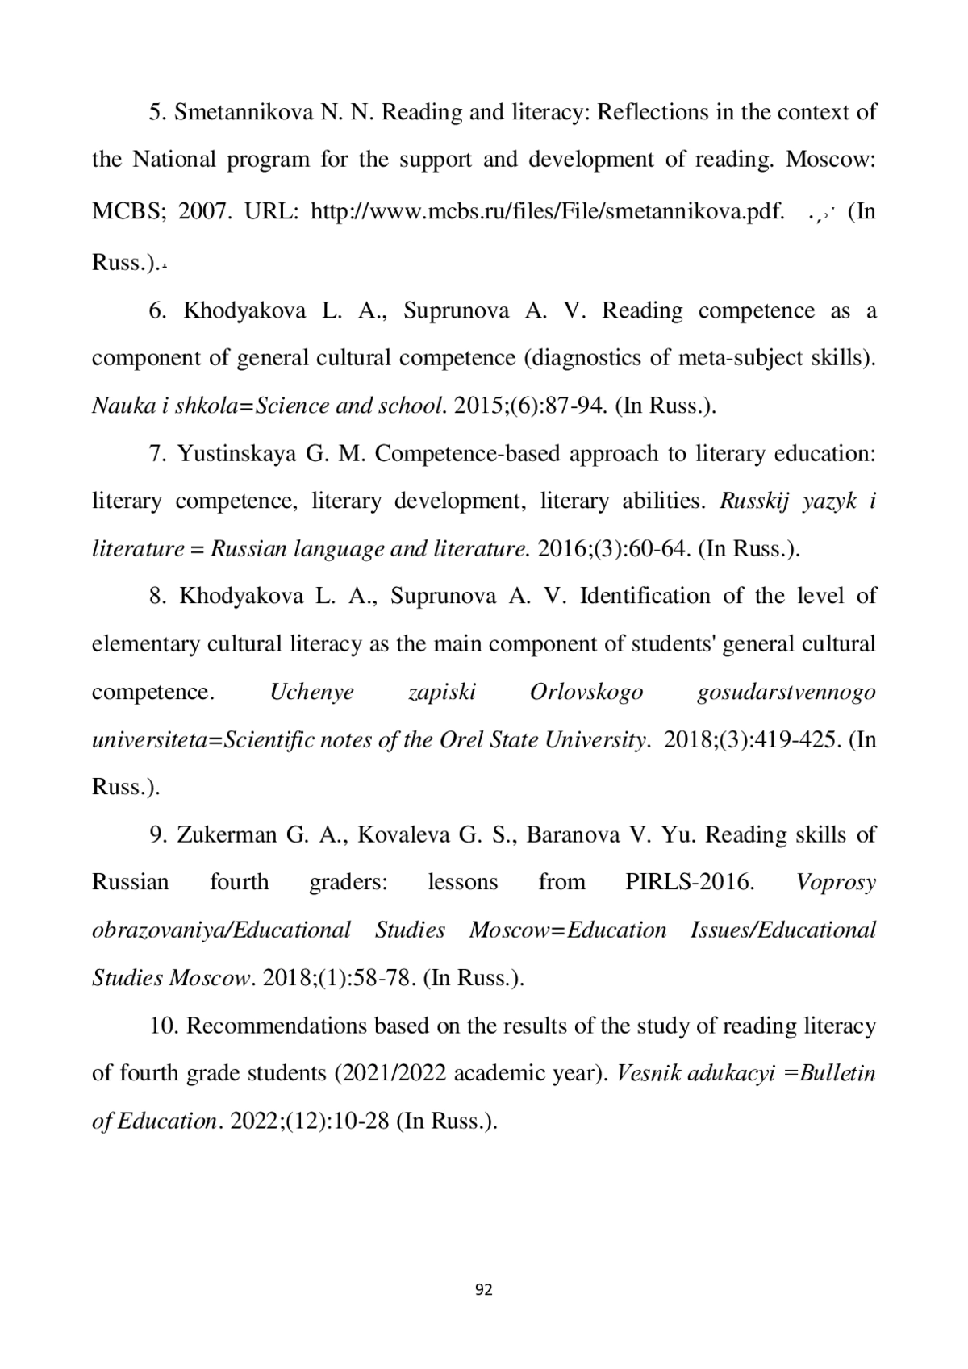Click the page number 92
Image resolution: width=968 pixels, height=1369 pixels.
(x=484, y=1289)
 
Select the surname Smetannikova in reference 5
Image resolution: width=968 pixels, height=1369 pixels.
(x=244, y=112)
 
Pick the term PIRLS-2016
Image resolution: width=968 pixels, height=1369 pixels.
(x=690, y=882)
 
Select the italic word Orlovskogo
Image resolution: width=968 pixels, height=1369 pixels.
(x=586, y=693)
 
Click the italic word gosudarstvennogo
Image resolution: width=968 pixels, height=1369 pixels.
(x=786, y=693)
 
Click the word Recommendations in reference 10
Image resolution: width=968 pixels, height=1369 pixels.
(x=282, y=1026)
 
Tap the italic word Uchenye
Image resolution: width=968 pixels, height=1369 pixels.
(x=311, y=693)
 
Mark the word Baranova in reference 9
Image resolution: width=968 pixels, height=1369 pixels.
(x=579, y=834)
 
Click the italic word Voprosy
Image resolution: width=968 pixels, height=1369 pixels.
(x=836, y=882)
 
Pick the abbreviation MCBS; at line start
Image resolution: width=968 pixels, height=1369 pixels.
(x=129, y=212)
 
